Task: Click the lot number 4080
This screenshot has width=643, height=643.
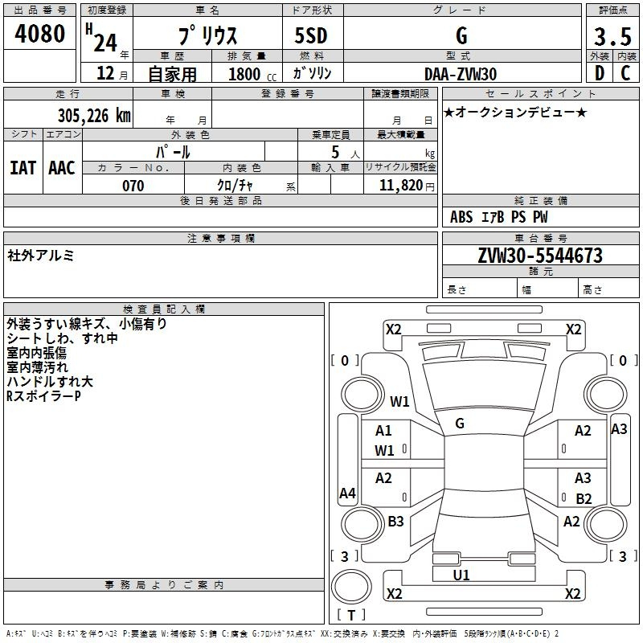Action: (x=39, y=34)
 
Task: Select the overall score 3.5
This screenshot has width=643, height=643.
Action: (x=612, y=36)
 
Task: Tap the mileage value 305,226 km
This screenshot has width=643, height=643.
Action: (x=94, y=116)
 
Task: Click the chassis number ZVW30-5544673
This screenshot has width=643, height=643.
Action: (x=540, y=256)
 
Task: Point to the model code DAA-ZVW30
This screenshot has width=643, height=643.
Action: (x=461, y=74)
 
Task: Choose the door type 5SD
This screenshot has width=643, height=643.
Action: (x=311, y=35)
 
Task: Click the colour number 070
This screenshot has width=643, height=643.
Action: (x=133, y=186)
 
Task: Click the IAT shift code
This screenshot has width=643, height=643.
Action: (x=23, y=168)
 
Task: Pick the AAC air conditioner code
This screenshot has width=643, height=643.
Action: (x=62, y=168)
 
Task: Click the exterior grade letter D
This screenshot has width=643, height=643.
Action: (x=600, y=73)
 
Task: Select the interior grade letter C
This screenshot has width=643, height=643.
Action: (x=625, y=73)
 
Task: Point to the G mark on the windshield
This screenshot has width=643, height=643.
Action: (x=460, y=424)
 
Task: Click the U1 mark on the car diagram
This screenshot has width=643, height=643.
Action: (x=461, y=575)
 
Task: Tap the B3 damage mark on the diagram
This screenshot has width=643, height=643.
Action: (x=395, y=521)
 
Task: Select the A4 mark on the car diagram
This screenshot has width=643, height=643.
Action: (x=347, y=493)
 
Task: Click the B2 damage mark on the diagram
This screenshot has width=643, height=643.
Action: (x=584, y=498)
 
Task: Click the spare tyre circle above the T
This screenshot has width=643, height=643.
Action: (x=351, y=586)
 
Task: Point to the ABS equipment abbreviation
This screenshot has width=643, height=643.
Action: (x=461, y=217)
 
